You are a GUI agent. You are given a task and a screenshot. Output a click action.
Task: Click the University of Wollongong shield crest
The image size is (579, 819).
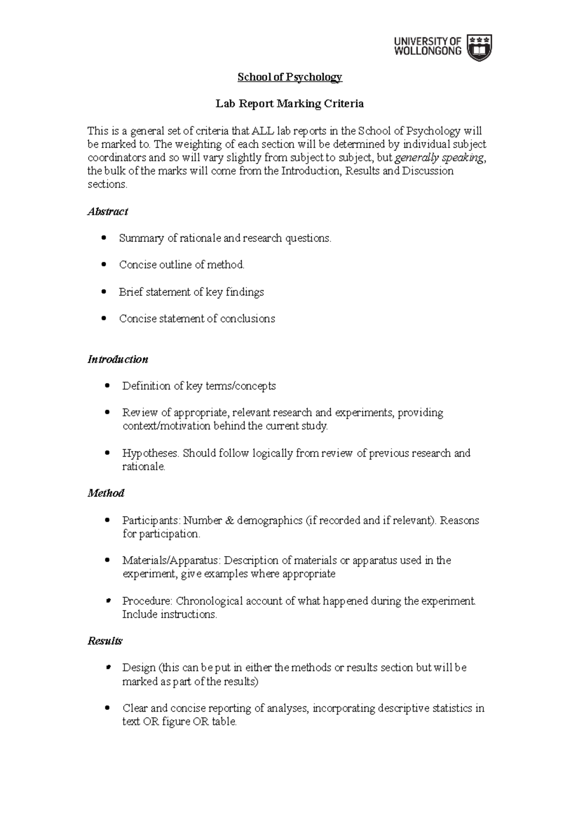481,47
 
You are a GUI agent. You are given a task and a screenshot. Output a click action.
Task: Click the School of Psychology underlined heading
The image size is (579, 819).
289,77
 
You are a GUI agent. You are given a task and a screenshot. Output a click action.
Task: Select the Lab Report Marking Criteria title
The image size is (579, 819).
289,103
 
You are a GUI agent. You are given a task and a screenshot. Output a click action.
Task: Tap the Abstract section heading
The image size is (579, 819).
107,211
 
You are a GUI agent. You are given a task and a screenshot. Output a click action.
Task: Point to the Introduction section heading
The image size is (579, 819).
117,359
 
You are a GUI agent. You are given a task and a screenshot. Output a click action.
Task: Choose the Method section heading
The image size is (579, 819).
106,493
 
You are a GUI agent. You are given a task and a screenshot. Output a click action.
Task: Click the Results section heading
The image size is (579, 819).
104,641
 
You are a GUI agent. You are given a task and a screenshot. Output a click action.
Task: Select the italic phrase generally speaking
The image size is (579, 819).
439,158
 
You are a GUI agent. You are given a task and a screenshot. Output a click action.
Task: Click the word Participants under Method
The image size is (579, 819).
150,520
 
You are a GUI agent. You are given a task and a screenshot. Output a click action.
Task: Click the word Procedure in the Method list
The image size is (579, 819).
146,601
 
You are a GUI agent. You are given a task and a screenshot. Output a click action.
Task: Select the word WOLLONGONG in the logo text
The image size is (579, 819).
427,51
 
